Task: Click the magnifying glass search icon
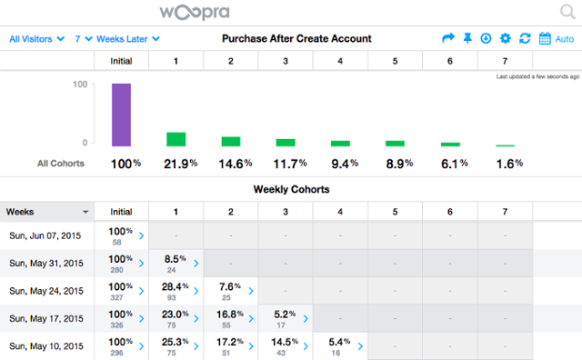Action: [567, 14]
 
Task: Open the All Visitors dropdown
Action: [36, 39]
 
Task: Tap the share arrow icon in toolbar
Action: [447, 39]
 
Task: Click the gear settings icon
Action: [506, 39]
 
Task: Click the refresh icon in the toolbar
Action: [525, 39]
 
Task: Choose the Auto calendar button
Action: [556, 39]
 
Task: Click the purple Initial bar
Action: [122, 115]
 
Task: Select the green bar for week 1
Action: [176, 139]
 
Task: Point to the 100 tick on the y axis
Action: [79, 85]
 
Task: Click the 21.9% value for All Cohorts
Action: [179, 164]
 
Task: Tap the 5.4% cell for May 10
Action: [341, 345]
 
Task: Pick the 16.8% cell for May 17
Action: [231, 318]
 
